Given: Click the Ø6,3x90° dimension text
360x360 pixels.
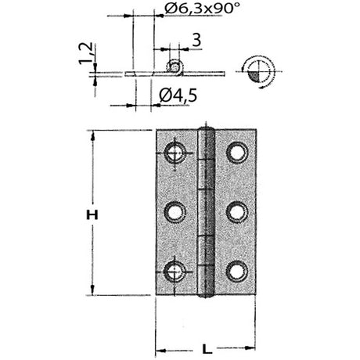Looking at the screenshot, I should click(193, 10).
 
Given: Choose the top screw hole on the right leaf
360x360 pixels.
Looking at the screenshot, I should click(236, 152).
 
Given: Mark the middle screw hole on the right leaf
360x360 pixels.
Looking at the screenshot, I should click(236, 211).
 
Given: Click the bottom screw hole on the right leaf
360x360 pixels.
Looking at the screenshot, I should click(236, 271).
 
